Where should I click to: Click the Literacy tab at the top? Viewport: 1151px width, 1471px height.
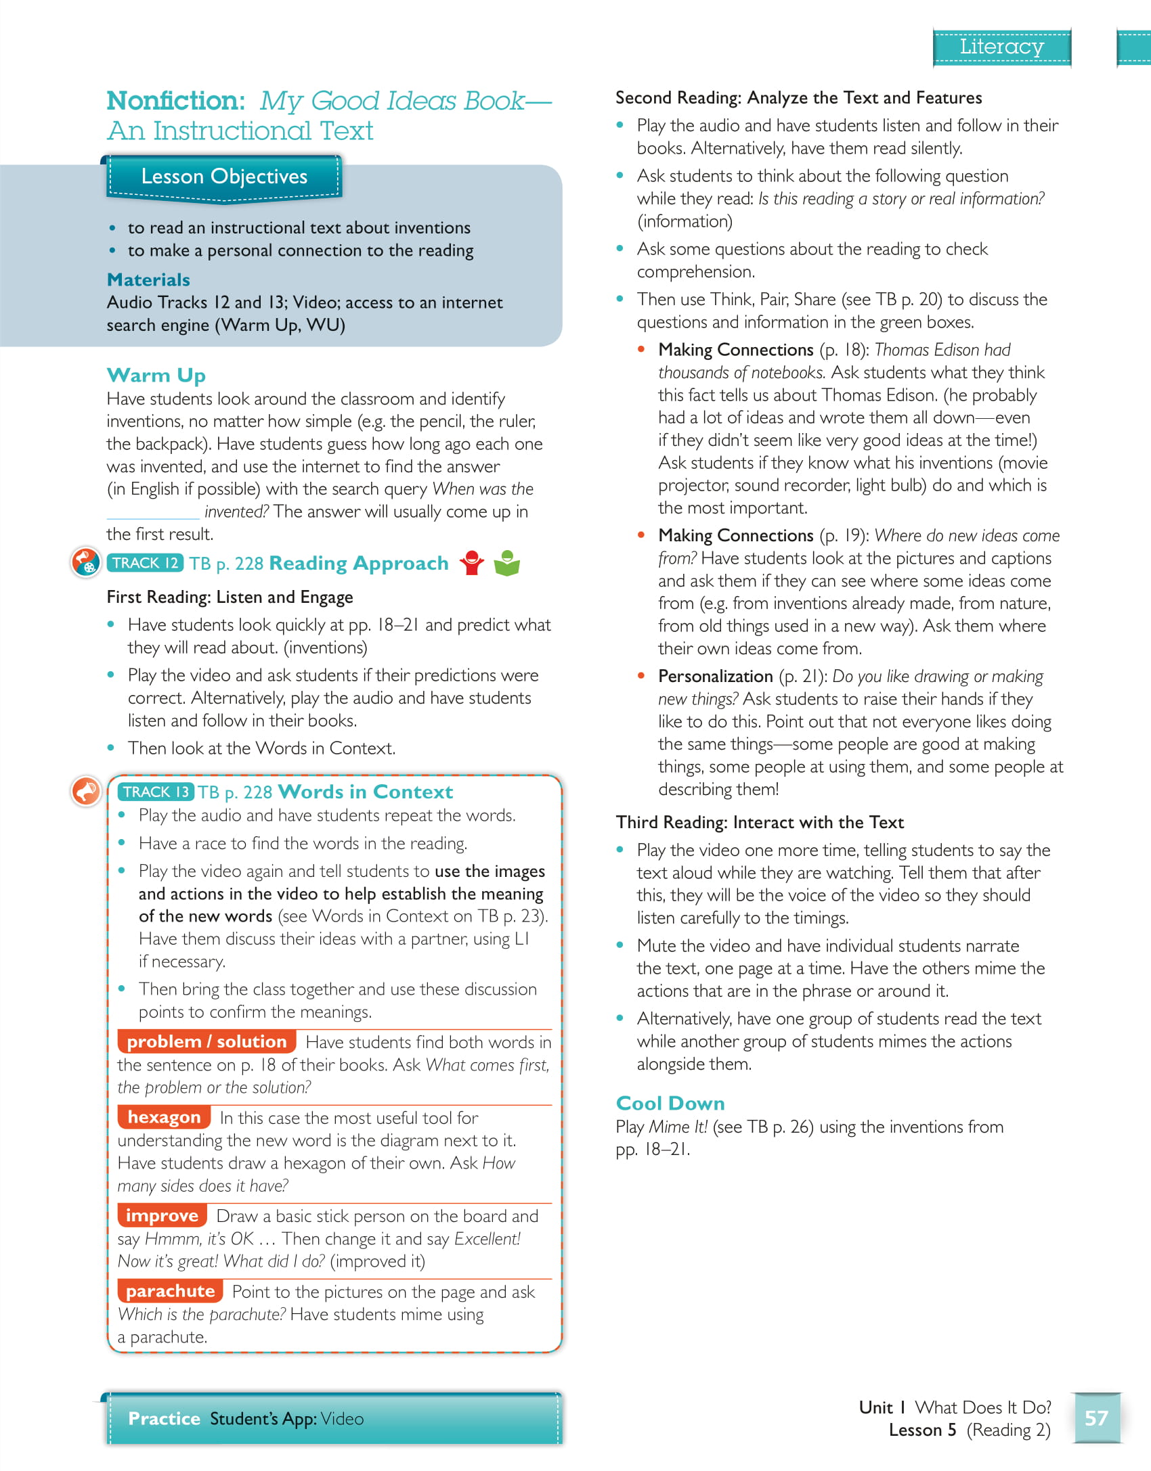point(1001,47)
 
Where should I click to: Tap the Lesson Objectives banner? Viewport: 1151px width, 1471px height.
point(224,177)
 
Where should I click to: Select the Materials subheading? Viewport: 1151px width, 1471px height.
point(148,279)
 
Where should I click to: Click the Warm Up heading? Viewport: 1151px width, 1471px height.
point(156,375)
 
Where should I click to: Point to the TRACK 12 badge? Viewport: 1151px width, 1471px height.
point(145,563)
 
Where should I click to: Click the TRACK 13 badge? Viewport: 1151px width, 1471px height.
point(156,792)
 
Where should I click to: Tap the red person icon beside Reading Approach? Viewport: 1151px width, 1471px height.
point(471,563)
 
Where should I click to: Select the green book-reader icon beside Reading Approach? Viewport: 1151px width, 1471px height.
point(506,563)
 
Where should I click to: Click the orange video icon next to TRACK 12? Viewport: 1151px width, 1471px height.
point(86,562)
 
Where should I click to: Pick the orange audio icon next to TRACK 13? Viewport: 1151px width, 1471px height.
point(86,790)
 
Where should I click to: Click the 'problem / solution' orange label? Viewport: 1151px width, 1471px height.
point(207,1041)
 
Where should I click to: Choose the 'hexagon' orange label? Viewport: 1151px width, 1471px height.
point(164,1117)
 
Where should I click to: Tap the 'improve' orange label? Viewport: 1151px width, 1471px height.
point(162,1215)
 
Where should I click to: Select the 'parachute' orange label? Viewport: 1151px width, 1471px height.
point(170,1291)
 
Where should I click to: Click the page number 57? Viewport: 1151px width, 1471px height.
point(1096,1418)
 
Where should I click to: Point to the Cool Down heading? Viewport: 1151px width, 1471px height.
point(670,1103)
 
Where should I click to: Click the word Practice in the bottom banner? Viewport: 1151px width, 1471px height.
point(164,1418)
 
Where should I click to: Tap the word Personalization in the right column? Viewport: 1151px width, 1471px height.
point(715,676)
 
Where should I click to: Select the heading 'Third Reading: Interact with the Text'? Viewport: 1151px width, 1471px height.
point(760,822)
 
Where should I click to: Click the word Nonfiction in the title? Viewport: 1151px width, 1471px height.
point(175,101)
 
